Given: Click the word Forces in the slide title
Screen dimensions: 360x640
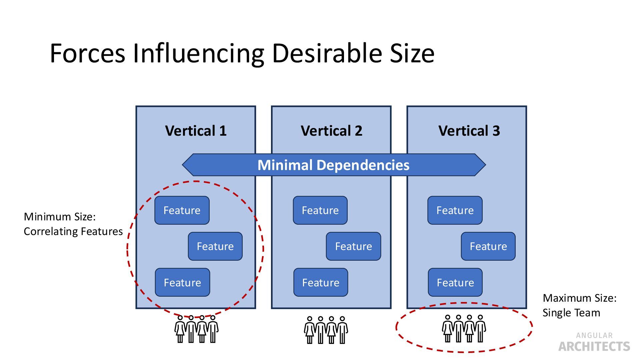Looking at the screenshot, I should pos(87,53).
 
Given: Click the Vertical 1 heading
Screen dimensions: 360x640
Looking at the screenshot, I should pos(196,131).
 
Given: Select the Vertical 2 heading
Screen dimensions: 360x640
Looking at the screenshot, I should pos(331,131).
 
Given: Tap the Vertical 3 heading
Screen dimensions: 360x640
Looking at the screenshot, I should pos(469,131).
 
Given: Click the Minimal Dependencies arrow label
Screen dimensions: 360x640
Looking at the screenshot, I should pos(333,165).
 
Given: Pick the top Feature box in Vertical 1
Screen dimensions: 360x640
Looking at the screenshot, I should pos(182,210).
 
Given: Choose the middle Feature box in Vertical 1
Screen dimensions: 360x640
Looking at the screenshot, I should pos(215,246).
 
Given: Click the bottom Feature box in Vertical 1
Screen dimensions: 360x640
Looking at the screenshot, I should pos(182,283).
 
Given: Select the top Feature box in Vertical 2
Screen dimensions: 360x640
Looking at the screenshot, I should pos(320,210).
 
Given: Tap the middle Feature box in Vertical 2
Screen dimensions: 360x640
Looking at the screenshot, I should pos(353,246).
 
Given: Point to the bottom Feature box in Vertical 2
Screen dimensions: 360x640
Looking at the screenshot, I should pos(321,283).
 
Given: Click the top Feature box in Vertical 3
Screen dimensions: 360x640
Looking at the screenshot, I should pos(455,210).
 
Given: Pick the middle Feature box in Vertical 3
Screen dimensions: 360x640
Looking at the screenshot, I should pos(488,246).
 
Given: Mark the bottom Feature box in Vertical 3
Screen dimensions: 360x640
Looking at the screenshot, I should pos(455,283).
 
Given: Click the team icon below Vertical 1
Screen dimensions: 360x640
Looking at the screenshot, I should pos(196,329).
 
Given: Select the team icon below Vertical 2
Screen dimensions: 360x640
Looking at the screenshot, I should pos(326,330).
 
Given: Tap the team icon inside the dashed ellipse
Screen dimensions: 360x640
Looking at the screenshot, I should pos(464,329).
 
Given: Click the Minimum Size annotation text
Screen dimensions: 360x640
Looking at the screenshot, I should pos(73,224).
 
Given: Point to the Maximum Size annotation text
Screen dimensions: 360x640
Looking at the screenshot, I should pos(579,305).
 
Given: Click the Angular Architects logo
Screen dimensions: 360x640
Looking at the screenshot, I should pos(594,342).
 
